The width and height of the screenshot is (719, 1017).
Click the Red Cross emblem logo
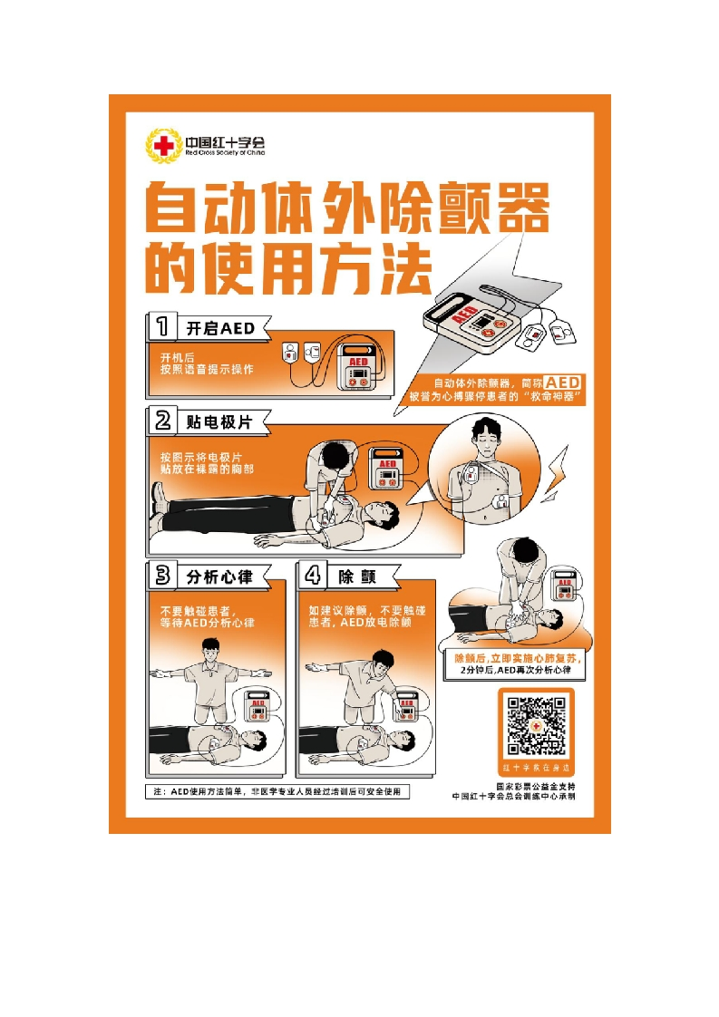[x=163, y=146]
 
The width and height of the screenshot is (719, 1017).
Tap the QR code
[x=535, y=726]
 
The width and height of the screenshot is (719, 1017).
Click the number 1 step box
[x=161, y=326]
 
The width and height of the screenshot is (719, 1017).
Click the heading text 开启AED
[x=220, y=327]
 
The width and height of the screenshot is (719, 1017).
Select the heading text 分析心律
[x=219, y=576]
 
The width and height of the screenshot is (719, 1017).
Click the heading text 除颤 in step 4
[x=356, y=576]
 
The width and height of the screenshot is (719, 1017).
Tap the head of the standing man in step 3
[x=211, y=649]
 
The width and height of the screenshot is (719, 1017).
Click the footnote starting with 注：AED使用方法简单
[x=277, y=791]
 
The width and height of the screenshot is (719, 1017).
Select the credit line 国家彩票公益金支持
[x=535, y=785]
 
